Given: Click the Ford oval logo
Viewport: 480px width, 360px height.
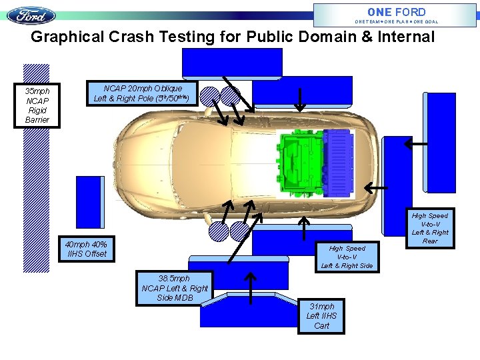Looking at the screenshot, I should coord(31,15).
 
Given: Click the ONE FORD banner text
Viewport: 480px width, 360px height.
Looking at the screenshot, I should coord(396,12).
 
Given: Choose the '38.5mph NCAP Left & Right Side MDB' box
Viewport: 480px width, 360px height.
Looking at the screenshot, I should coord(174,288).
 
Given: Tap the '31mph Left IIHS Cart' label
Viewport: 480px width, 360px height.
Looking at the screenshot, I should coord(321,315).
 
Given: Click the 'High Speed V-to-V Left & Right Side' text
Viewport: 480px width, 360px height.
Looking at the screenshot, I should coord(347,257).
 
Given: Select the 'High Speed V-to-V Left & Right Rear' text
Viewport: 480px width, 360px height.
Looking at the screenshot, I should coord(430,228).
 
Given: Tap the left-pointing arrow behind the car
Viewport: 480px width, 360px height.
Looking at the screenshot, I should coord(377,189).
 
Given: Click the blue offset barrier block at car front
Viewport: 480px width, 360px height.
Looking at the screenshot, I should coord(90,201).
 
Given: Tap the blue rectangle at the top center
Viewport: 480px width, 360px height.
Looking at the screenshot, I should coord(231,63).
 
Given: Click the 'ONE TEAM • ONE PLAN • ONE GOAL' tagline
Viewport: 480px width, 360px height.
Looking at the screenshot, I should coord(396,21).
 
